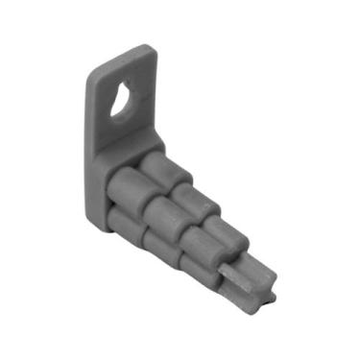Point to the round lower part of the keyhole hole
121,105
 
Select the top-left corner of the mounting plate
92,74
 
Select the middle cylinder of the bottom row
163,249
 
